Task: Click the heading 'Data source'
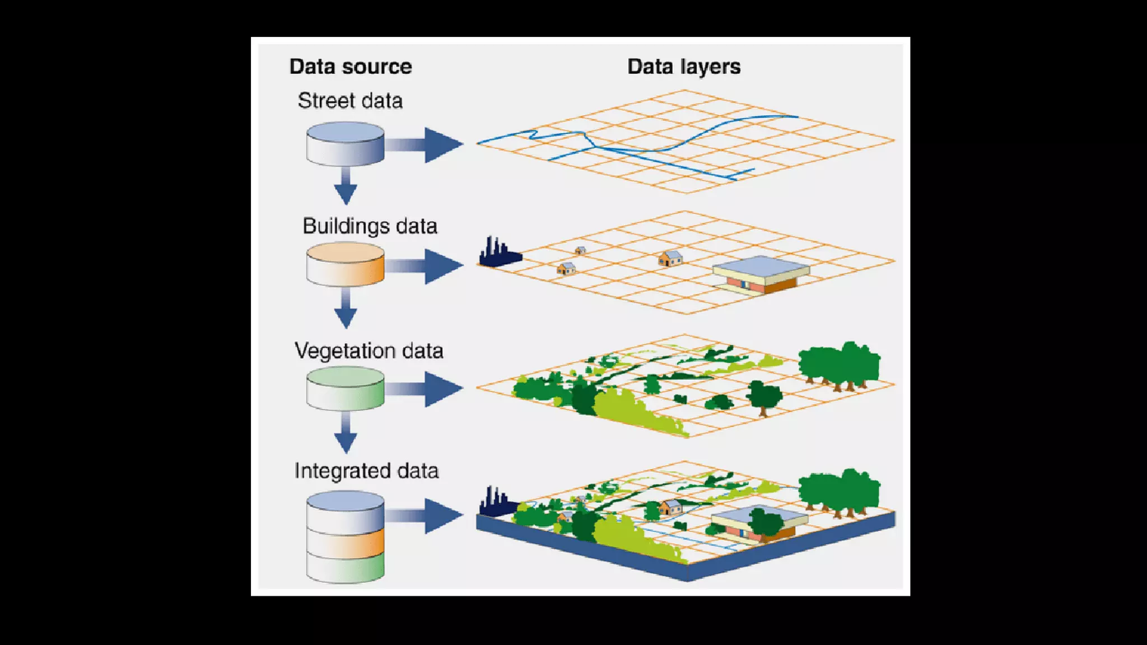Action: coord(351,67)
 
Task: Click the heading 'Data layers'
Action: coord(684,67)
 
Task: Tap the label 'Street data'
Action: coord(350,101)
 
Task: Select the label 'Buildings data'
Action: coord(370,226)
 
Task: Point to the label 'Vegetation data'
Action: coord(369,351)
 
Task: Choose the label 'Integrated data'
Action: coord(366,471)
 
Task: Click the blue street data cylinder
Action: coord(345,144)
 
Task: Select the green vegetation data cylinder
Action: coord(345,388)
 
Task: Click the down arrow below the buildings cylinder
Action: coord(346,310)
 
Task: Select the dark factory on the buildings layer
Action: coord(498,253)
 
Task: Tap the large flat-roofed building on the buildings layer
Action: coord(761,274)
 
